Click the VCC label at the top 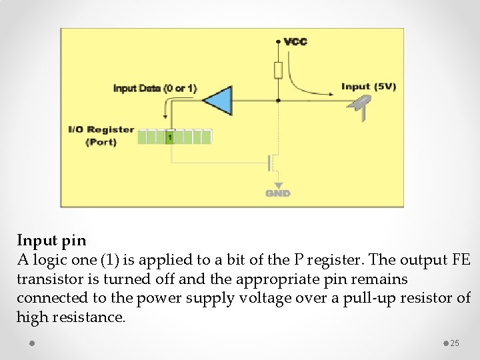pos(295,41)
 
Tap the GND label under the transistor pos(278,193)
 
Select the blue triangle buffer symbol pos(217,101)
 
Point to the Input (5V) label pos(368,87)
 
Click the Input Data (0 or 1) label pos(155,88)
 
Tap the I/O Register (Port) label pos(101,135)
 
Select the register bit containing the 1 pos(170,137)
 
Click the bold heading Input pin pos(51,239)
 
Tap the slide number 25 pos(455,343)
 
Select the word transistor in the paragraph pos(50,279)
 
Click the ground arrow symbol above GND pos(278,185)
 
